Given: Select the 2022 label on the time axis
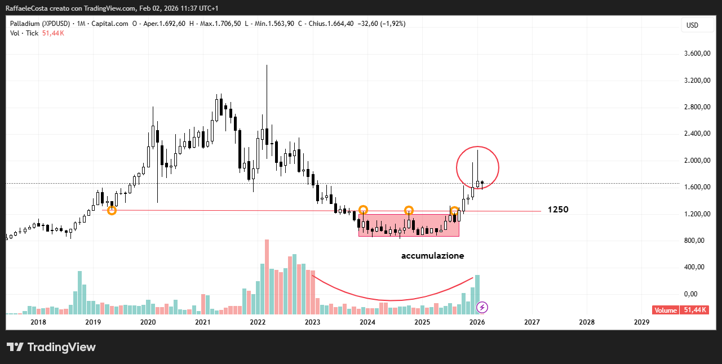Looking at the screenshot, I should click(258, 322).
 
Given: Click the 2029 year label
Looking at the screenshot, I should click(641, 322).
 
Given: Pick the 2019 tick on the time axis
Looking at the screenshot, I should click(93, 322).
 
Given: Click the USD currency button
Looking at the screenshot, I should click(692, 25).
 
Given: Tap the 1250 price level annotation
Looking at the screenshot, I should click(558, 210).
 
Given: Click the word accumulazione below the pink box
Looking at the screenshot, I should click(432, 256).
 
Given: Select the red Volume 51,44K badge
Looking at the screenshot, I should click(680, 310).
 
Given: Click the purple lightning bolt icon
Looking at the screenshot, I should click(482, 307).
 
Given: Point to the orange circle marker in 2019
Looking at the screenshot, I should click(112, 210).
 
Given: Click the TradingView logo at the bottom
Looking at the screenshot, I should click(51, 347).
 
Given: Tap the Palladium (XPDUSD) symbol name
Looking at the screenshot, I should click(40, 24).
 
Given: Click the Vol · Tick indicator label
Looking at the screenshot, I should click(24, 33).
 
